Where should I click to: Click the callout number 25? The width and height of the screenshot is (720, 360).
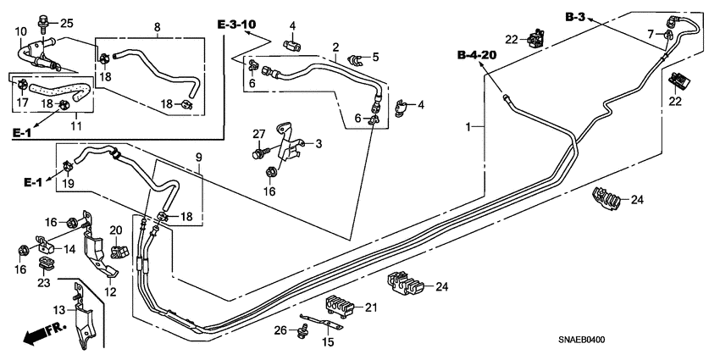pos(66,22)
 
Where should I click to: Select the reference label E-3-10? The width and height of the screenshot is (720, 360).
pos(237,23)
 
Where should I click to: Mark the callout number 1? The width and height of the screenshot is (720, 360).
pos(467,127)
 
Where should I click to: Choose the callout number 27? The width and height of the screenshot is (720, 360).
pos(258,133)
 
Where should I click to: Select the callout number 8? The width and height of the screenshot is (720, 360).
pos(157,27)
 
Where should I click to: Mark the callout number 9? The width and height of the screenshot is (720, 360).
pos(199,158)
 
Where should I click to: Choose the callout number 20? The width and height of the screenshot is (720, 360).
pos(116,230)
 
